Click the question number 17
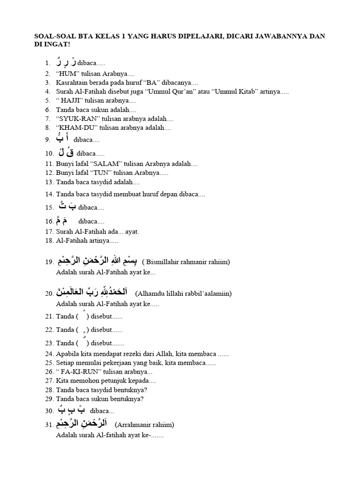click(x=49, y=232)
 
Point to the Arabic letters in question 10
click(x=66, y=152)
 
